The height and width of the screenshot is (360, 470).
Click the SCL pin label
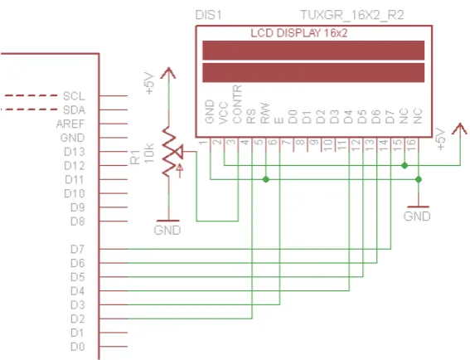coord(74,96)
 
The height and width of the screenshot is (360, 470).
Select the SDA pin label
coord(74,110)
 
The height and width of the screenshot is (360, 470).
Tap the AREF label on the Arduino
coord(70,124)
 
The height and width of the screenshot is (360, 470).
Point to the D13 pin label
coord(75,152)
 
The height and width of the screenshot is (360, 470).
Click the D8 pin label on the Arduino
coord(78,221)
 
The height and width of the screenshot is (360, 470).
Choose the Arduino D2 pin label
coord(78,319)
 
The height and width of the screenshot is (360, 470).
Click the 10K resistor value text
coord(149,153)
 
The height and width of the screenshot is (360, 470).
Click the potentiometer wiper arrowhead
coord(179,152)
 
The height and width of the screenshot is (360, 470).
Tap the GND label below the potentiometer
coord(167,231)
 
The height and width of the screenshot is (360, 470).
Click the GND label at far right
coord(417,216)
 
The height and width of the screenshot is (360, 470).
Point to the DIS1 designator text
coord(209,15)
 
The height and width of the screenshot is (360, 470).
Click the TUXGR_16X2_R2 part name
coord(352,15)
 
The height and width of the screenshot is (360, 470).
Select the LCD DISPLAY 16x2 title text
coord(299,33)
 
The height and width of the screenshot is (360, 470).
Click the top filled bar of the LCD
coord(313,51)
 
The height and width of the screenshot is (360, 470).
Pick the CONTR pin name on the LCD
coord(237,105)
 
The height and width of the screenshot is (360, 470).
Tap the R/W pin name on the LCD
coord(265,114)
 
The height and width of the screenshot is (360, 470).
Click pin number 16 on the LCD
coord(411,145)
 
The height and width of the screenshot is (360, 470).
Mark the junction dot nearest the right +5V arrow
coord(405,165)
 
